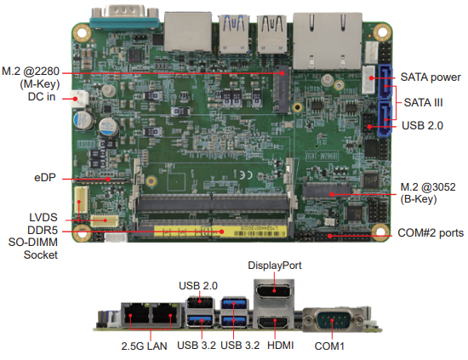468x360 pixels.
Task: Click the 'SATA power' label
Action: pos(431,77)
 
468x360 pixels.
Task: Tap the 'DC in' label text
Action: pos(42,97)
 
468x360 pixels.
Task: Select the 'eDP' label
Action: pos(45,178)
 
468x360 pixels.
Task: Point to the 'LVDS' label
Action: pos(43,217)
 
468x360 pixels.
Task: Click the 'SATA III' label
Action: pos(423,103)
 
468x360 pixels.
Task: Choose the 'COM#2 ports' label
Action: pos(431,233)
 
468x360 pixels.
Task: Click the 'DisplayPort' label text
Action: pos(275,266)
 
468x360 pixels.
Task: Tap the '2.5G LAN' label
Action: pos(144,346)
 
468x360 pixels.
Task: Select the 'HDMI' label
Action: pos(280,346)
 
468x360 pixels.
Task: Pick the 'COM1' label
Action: pos(329,346)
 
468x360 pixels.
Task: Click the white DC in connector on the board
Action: pos(79,99)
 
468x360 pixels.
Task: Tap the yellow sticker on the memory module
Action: pos(220,231)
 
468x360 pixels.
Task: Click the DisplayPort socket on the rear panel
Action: pos(274,291)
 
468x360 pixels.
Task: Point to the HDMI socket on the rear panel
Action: pos(274,323)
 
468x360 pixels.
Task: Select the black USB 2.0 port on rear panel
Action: pos(200,303)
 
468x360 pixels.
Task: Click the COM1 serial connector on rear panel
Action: pos(333,320)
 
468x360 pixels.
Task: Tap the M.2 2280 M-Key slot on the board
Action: pos(282,89)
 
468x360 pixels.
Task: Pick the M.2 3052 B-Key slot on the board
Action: pos(327,191)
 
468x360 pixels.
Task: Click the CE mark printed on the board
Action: pos(246,174)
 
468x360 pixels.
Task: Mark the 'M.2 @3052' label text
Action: pos(428,187)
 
